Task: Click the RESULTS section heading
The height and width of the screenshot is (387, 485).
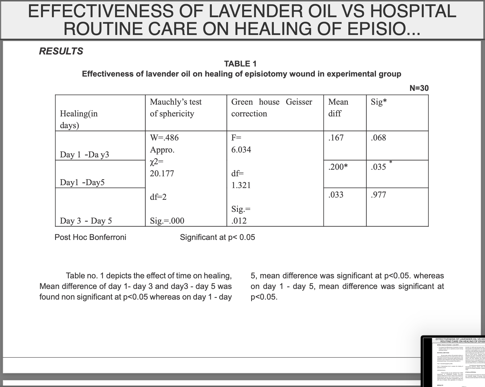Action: point(61,51)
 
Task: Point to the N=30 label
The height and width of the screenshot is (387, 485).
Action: point(419,88)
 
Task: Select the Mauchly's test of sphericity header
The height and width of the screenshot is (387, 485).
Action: point(176,107)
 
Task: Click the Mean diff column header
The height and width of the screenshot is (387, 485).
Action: point(338,107)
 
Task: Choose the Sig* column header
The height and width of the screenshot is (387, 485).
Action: point(379,102)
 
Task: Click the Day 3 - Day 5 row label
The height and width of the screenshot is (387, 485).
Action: point(86,221)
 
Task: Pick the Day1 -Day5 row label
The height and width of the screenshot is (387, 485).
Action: point(82,182)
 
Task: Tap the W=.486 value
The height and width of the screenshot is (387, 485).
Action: point(164,138)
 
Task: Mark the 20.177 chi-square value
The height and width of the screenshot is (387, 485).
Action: point(162,173)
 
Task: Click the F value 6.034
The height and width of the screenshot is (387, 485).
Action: point(241,150)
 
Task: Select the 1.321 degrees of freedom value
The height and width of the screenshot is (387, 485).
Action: point(241,185)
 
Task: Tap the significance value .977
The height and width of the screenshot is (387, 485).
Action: point(378,195)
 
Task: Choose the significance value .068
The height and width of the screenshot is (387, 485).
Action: point(378,138)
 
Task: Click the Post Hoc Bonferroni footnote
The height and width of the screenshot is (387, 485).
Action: point(90,237)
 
